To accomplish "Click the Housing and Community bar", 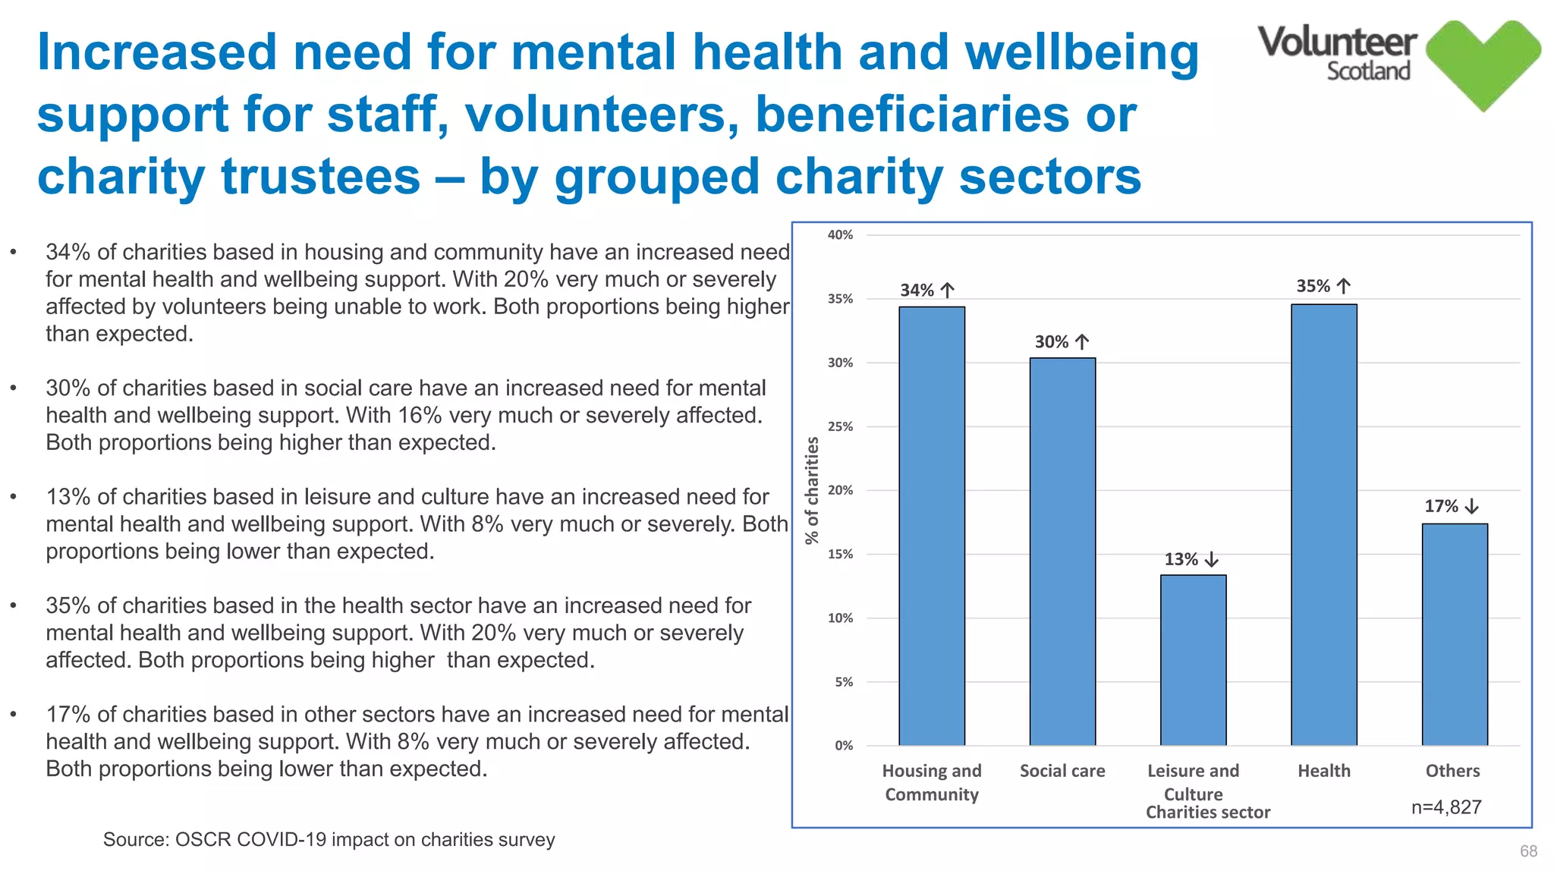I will pos(932,525).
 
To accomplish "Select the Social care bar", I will pos(1062,551).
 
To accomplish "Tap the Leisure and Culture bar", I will pos(1193,659).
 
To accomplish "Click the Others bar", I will pos(1455,633).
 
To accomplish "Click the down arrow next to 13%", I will pos(1212,560).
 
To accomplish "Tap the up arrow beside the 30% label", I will pos(1083,342).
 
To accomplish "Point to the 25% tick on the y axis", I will pos(840,426).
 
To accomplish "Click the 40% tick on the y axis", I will pos(840,235).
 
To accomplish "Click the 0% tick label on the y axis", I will pos(844,746).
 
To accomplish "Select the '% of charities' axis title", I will pos(812,491).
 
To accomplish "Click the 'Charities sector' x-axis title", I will pos(1207,813).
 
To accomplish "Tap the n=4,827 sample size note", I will pos(1446,807).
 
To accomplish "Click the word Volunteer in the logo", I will pos(1337,42).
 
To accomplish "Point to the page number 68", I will pos(1528,851).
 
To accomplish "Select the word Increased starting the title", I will pos(157,52).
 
